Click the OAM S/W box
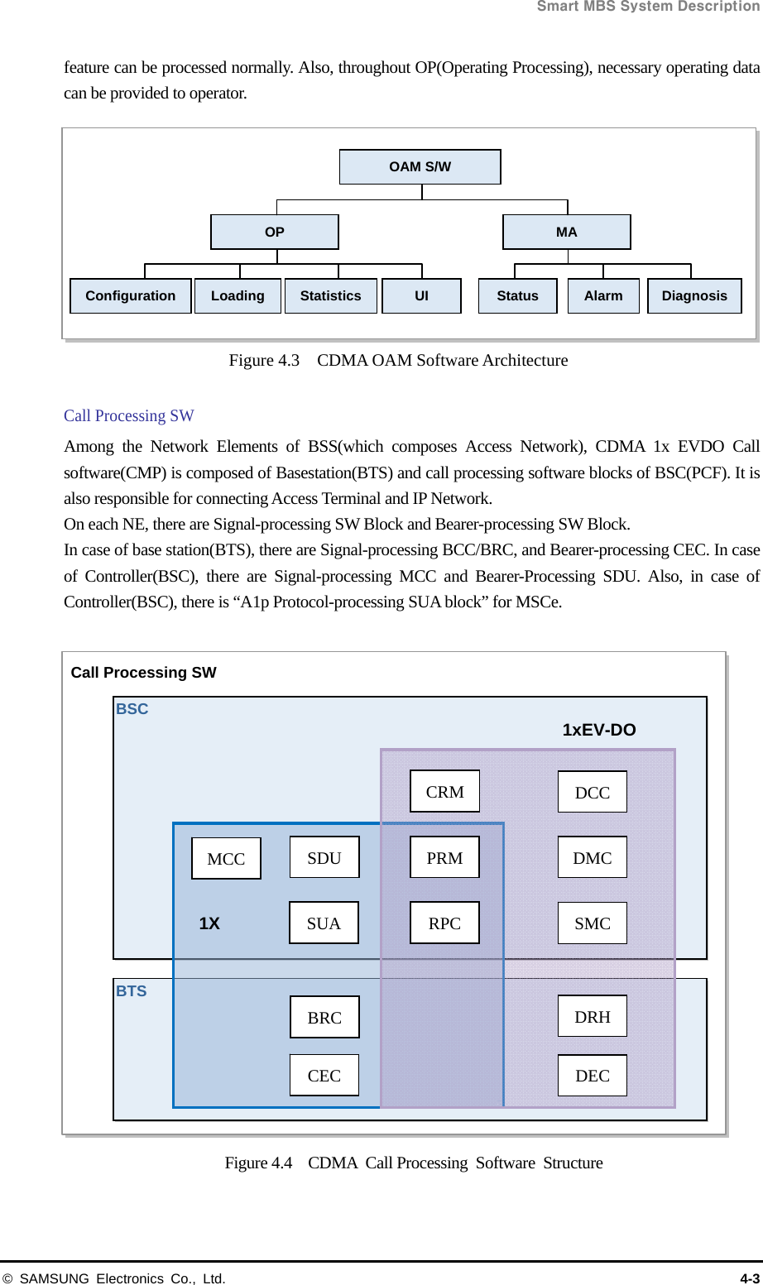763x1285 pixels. pyautogui.click(x=420, y=166)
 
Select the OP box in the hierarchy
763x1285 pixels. pyautogui.click(x=275, y=232)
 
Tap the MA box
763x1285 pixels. pyautogui.click(x=566, y=232)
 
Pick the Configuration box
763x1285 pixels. pyautogui.click(x=131, y=296)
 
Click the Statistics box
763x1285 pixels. pyautogui.click(x=330, y=296)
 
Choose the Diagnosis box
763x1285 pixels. pyautogui.click(x=694, y=296)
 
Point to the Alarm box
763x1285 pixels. pyautogui.click(x=603, y=296)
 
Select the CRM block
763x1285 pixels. pyautogui.click(x=444, y=792)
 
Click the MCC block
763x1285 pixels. pyautogui.click(x=226, y=859)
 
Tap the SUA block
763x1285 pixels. pyautogui.click(x=324, y=923)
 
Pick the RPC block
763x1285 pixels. pyautogui.click(x=444, y=923)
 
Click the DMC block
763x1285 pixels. pyautogui.click(x=593, y=858)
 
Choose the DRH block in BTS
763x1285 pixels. pyautogui.click(x=593, y=1017)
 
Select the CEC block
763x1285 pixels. pyautogui.click(x=324, y=1076)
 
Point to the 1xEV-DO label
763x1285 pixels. pyautogui.click(x=599, y=730)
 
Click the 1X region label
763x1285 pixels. pyautogui.click(x=209, y=923)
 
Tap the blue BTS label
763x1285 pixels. pyautogui.click(x=132, y=991)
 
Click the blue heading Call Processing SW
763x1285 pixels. pyautogui.click(x=129, y=415)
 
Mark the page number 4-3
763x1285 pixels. pyautogui.click(x=749, y=1278)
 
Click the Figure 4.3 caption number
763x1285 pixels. pyautogui.click(x=264, y=360)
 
